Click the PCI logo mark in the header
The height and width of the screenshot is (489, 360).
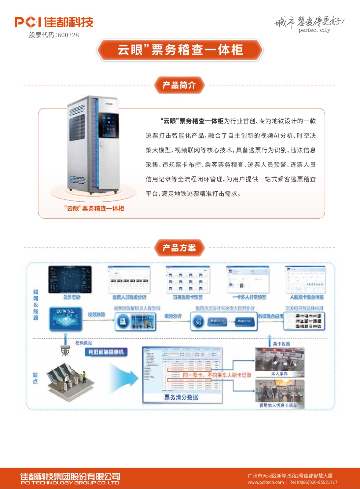click(x=28, y=22)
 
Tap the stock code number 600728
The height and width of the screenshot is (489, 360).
click(x=68, y=35)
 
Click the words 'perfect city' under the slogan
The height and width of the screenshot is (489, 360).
click(x=314, y=30)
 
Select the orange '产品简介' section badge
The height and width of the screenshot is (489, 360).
click(x=179, y=85)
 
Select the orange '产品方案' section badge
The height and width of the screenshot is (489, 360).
click(x=179, y=248)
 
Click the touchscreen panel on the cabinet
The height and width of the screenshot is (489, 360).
click(x=110, y=126)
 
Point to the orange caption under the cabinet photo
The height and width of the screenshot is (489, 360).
click(x=94, y=208)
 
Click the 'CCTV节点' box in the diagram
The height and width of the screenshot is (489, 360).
click(x=66, y=319)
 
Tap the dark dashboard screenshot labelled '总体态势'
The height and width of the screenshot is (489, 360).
click(x=70, y=279)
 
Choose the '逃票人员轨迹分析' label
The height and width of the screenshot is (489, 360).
click(x=129, y=297)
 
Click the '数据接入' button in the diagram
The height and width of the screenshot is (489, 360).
click(x=217, y=321)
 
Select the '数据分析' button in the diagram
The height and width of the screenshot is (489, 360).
click(x=244, y=321)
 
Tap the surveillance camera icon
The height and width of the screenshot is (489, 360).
click(x=65, y=351)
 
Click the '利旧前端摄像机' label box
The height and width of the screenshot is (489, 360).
click(x=106, y=352)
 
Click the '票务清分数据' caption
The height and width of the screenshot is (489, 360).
click(x=181, y=397)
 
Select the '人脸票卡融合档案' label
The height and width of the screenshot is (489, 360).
click(x=307, y=297)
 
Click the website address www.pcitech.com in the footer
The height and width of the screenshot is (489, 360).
click(x=266, y=482)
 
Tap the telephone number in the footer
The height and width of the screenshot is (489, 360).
click(x=313, y=482)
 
